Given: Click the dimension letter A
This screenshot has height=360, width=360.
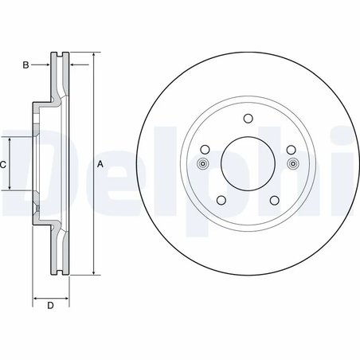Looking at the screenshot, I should (100, 164).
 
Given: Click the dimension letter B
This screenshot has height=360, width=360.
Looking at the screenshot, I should (25, 65).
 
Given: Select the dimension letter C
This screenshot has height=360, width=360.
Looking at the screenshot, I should (3, 164).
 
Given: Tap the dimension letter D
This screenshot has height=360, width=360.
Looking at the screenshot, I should (49, 306).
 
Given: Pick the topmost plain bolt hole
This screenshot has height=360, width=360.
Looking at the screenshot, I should (247, 119).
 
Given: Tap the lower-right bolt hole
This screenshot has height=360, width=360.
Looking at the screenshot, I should (273, 200).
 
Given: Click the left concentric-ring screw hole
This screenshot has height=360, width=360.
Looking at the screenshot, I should (202, 165).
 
